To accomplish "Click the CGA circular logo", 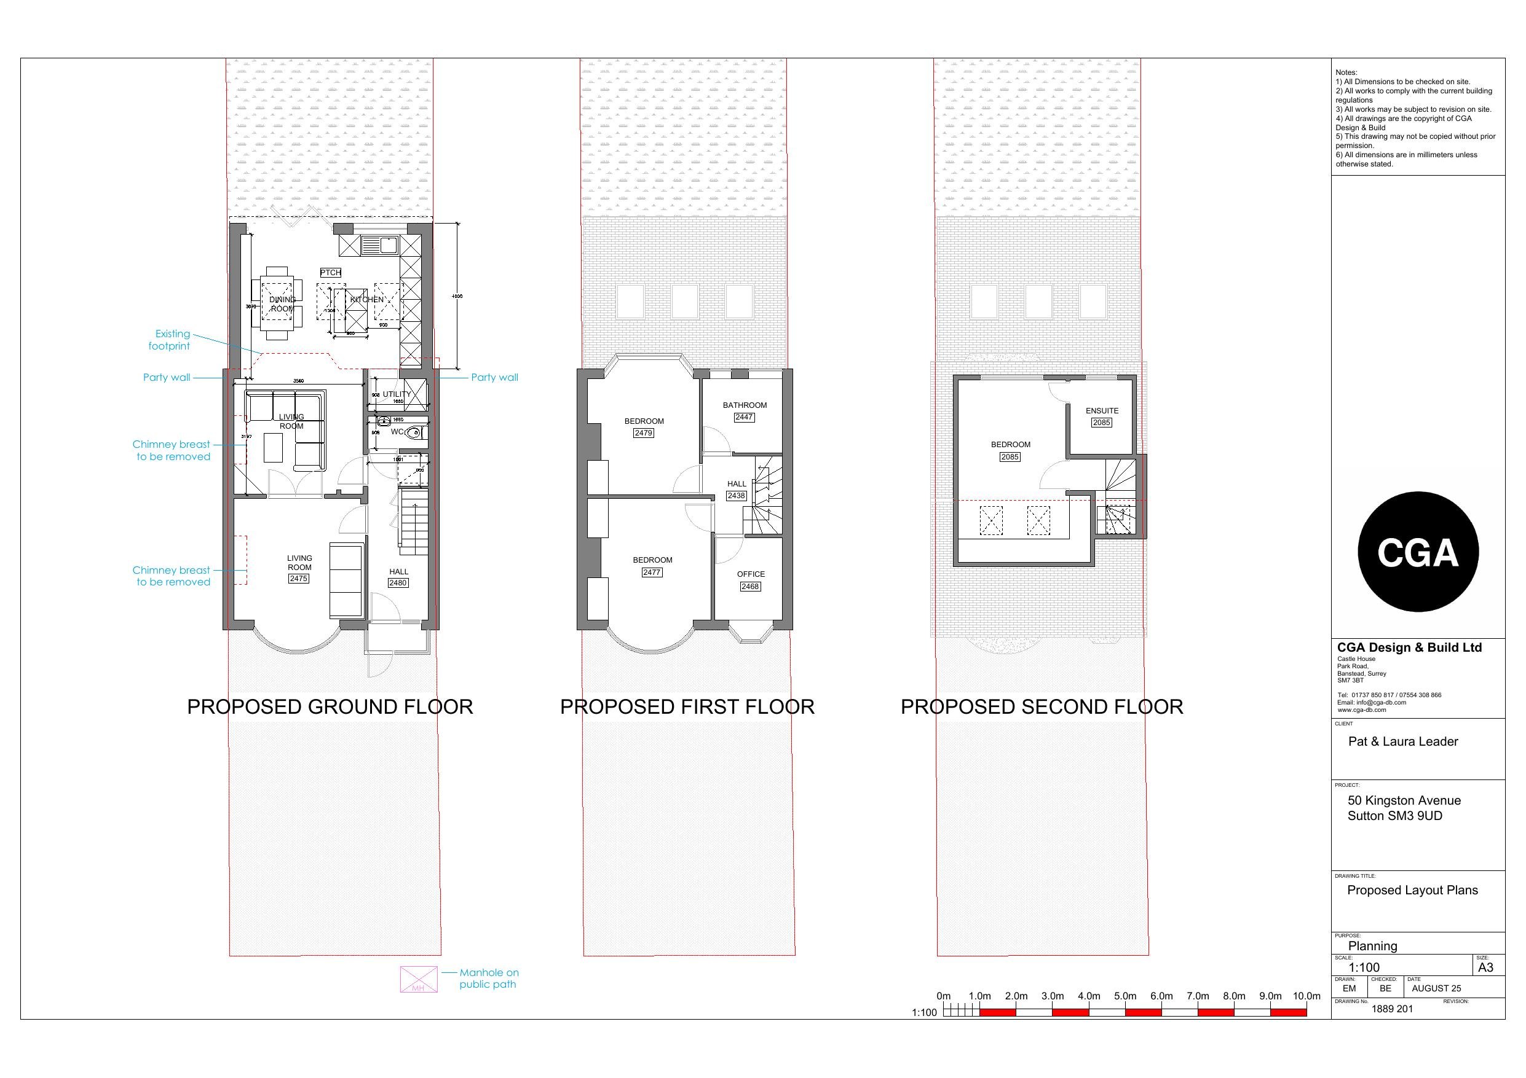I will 1418,552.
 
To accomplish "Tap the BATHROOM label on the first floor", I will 745,405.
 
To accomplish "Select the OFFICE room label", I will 750,574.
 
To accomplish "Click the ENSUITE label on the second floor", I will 1102,410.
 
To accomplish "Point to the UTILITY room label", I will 396,394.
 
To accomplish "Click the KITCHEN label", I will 367,300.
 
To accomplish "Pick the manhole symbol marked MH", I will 419,979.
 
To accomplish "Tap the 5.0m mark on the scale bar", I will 1125,996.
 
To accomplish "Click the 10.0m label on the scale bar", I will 1306,996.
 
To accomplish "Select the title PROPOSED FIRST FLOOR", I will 687,707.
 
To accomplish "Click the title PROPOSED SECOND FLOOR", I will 1042,707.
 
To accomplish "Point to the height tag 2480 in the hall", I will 398,582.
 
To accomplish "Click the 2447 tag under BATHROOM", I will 744,417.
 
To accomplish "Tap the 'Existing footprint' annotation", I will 170,340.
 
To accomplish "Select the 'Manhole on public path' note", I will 489,978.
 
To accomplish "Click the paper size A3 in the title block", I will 1485,967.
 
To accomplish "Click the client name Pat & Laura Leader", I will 1403,741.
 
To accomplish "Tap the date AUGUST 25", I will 1436,988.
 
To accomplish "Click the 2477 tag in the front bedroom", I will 651,572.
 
